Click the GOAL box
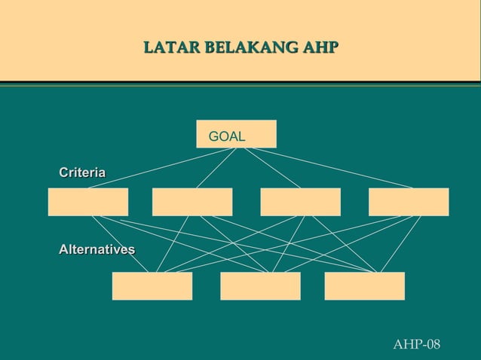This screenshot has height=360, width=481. pos(236,134)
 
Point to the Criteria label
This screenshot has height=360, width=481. pos(82,173)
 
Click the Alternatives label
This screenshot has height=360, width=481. pos(97,249)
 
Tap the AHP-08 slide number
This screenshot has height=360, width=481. pos(417,344)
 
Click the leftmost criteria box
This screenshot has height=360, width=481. pos(87,202)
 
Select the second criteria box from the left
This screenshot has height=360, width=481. pos(192,202)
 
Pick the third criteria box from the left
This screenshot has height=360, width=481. pos(300,202)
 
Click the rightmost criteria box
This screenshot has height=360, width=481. pos(409,202)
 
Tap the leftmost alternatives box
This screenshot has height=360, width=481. pos(152,286)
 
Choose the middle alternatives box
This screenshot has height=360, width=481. pos(260,286)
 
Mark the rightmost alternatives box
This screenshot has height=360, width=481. pos(364,286)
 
